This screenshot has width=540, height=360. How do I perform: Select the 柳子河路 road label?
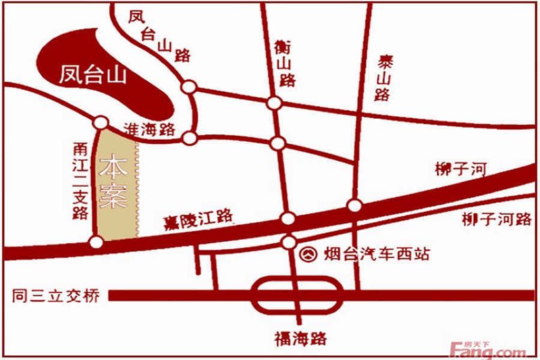pos(496,220)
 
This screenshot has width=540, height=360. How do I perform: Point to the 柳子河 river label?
pos(461,169)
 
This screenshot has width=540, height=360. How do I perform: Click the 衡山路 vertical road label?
pos(286,65)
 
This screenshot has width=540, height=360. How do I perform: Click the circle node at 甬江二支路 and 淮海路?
pos(101,123)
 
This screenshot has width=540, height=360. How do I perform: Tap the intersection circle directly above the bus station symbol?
pos(289,242)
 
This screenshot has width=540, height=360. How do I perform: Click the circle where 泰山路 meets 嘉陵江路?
pos(353,205)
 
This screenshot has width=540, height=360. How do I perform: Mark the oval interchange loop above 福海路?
pos(297,295)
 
